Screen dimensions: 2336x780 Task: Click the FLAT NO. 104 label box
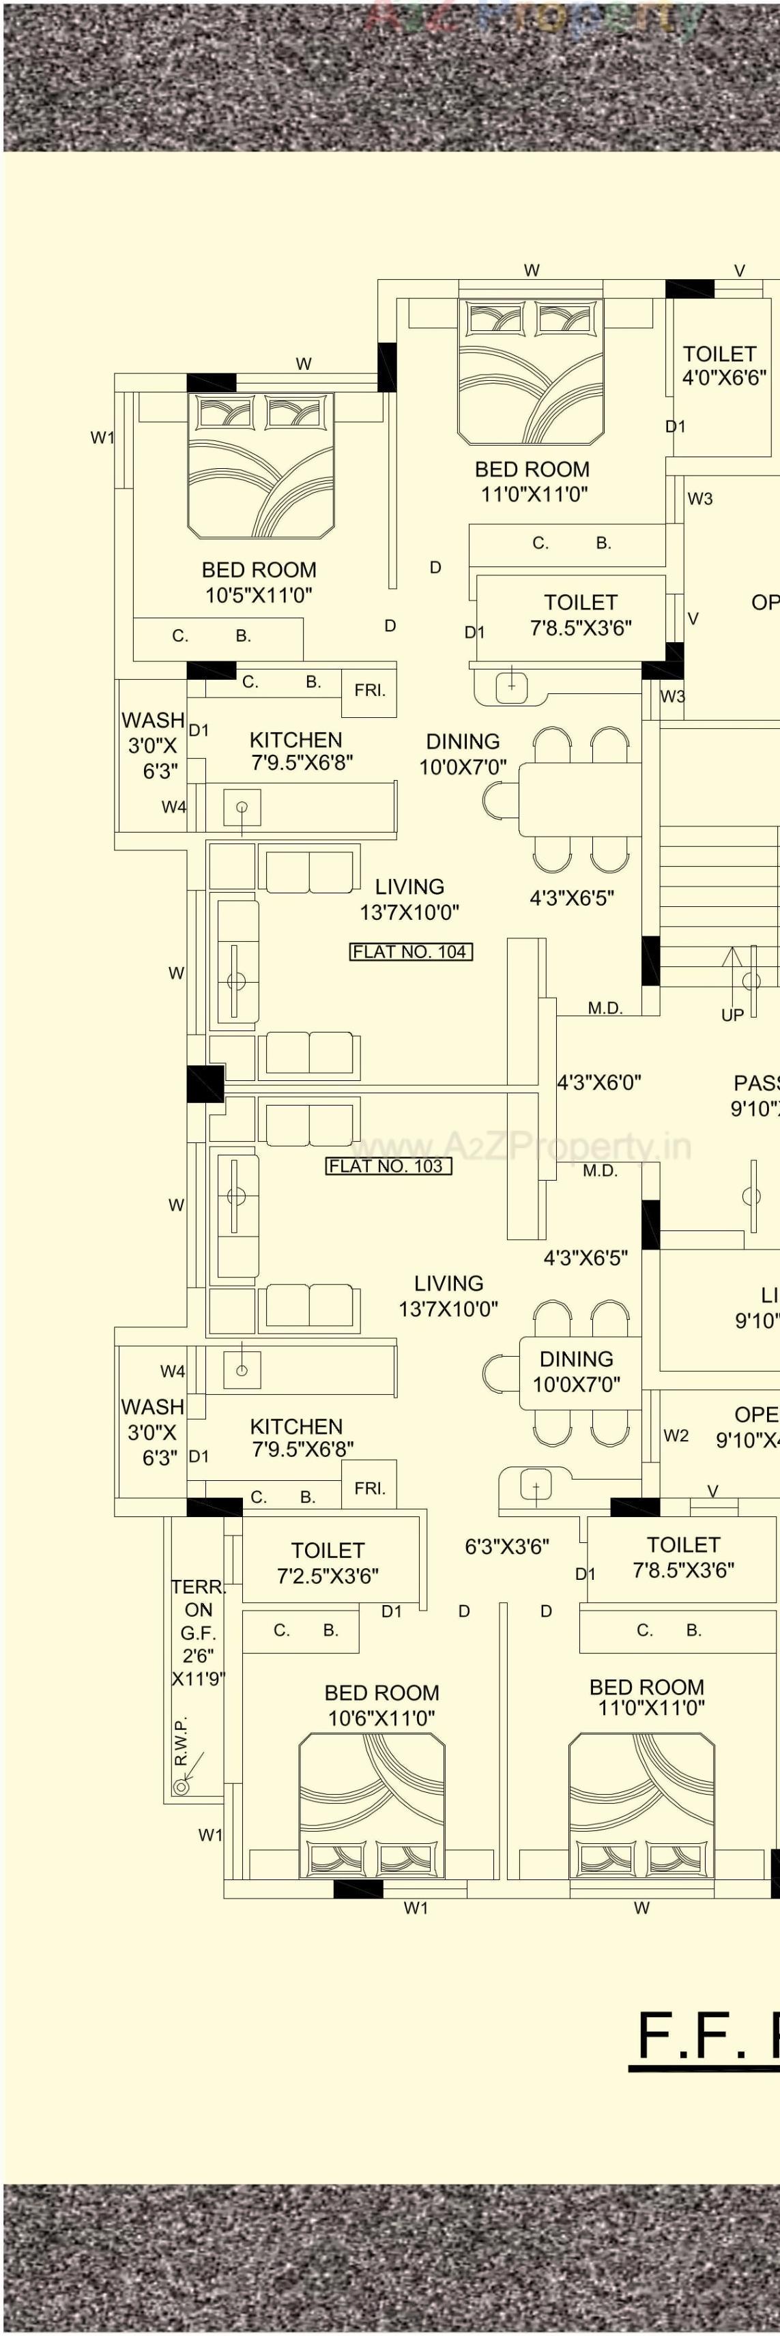[x=411, y=951]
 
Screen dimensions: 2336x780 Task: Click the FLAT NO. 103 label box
[x=388, y=1166]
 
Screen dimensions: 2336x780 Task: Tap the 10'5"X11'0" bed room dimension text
[x=259, y=595]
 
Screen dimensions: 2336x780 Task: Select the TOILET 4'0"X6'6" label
[x=723, y=366]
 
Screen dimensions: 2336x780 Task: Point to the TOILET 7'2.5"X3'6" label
[x=328, y=1563]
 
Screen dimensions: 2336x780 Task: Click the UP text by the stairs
[x=732, y=1015]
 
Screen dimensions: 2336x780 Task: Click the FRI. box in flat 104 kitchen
[x=369, y=691]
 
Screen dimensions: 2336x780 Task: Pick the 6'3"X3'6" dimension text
[x=507, y=1546]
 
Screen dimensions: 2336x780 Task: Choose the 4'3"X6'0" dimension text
[x=598, y=1082]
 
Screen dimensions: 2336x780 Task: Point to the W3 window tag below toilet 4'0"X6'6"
[x=699, y=498]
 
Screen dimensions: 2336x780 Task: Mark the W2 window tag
[x=676, y=1435]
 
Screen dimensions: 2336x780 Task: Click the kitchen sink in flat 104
[x=242, y=806]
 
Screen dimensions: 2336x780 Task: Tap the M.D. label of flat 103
[x=600, y=1170]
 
